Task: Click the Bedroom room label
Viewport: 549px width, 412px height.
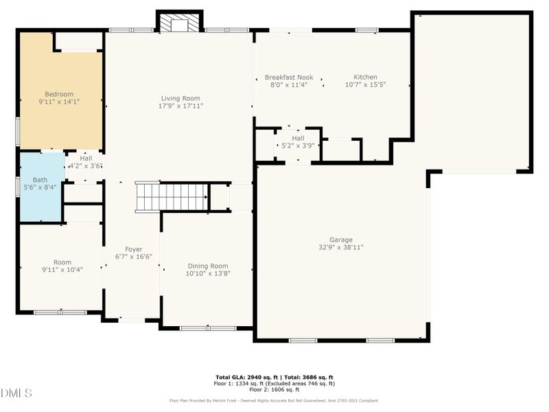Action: [59, 94]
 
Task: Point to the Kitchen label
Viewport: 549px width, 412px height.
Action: [365, 77]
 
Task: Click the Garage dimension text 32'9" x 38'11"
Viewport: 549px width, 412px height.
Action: [340, 247]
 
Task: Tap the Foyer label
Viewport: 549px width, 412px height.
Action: [133, 249]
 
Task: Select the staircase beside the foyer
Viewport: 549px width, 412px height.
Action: [172, 196]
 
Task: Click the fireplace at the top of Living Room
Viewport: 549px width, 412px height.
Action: [180, 25]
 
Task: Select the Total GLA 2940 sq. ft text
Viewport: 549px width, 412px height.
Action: [246, 378]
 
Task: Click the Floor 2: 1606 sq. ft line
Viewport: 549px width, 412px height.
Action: [274, 389]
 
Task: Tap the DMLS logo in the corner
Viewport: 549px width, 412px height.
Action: [17, 393]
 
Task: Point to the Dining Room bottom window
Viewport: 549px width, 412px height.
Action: [203, 328]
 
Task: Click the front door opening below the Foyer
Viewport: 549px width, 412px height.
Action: [132, 320]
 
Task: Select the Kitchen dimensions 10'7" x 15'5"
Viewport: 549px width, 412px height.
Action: [365, 85]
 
